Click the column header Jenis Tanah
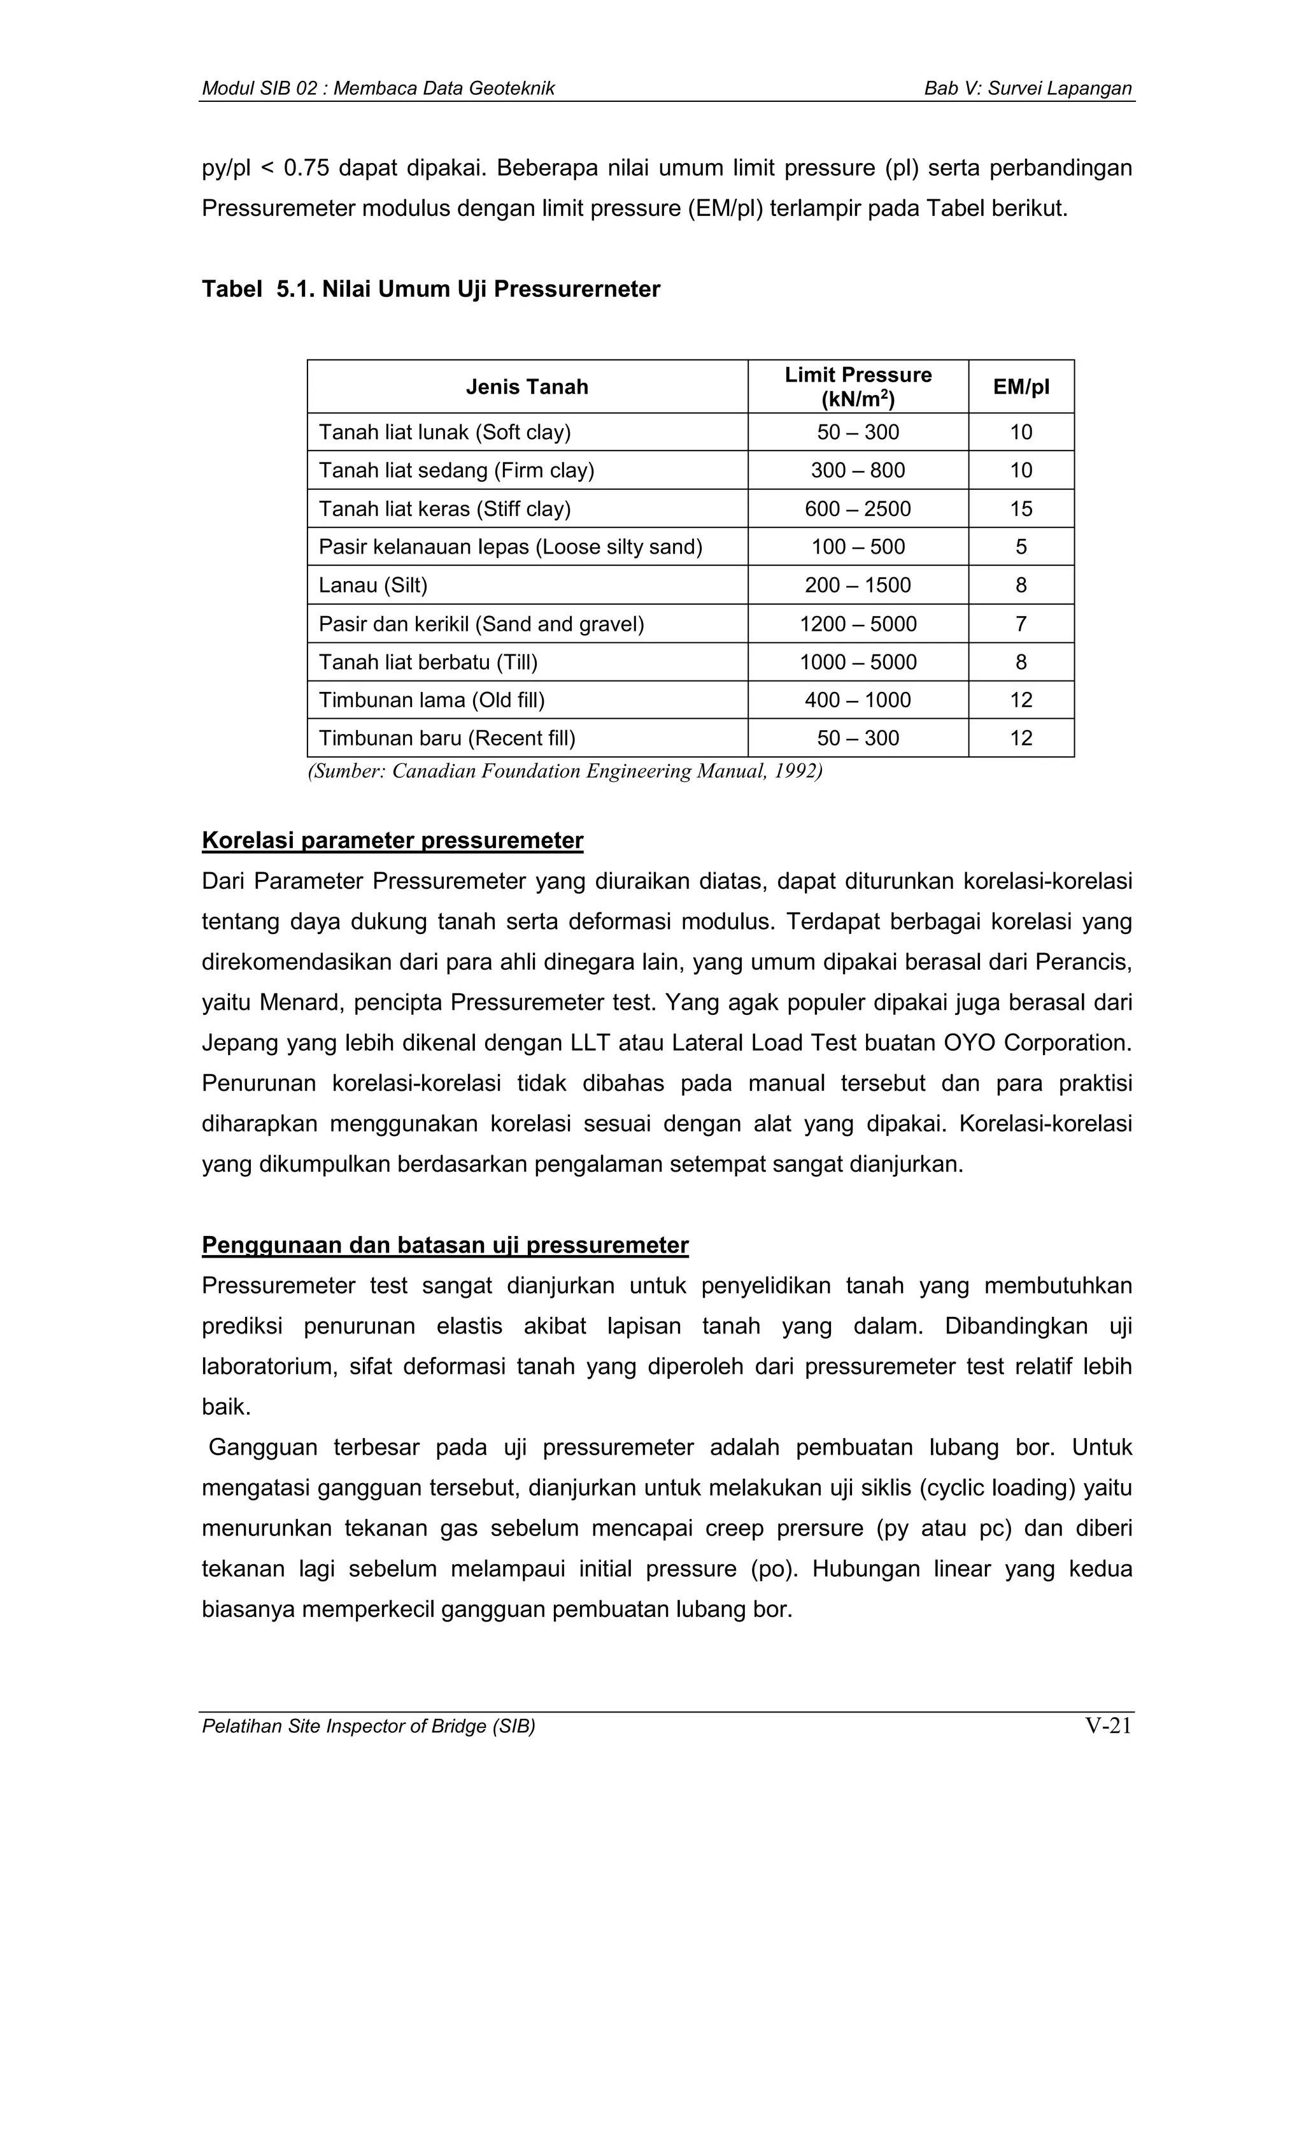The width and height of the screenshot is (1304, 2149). point(527,386)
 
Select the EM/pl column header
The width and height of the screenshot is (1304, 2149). point(1021,386)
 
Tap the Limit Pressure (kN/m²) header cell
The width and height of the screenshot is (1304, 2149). point(858,386)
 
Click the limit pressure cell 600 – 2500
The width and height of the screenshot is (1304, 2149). point(858,508)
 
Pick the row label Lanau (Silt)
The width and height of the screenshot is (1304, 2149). point(373,586)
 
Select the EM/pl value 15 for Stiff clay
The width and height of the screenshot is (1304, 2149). point(1021,508)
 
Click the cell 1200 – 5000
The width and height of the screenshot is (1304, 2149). point(858,624)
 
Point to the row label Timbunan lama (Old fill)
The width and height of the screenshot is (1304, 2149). point(432,700)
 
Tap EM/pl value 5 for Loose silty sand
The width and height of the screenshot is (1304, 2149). point(1021,547)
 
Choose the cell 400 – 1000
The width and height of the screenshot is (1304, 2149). point(858,700)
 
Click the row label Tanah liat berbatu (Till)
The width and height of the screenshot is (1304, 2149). point(428,662)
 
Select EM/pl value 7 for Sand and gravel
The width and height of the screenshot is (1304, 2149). point(1021,624)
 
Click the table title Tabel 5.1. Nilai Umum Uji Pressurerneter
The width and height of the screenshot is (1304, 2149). point(430,289)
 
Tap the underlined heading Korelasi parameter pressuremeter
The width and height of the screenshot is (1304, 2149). point(392,840)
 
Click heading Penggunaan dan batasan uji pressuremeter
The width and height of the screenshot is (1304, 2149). point(444,1244)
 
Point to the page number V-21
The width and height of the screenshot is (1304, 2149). point(1108,1726)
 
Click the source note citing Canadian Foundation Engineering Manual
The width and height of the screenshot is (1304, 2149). point(565,771)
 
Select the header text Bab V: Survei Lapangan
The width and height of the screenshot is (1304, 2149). point(1028,88)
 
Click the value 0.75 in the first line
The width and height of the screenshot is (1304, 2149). point(306,168)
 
